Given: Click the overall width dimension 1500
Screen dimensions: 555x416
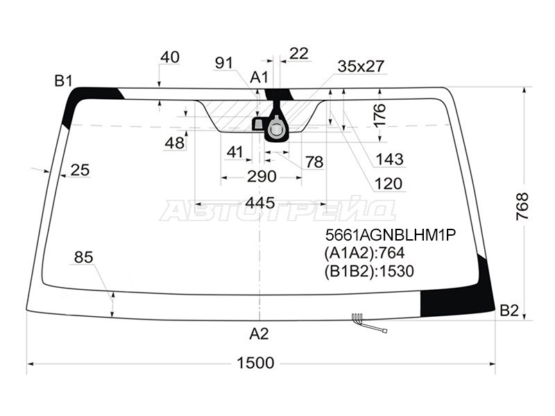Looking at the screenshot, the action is tap(255, 363).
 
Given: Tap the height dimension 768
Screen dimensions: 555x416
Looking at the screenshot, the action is tap(522, 207).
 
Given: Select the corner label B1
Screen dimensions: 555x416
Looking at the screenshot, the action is tap(63, 81).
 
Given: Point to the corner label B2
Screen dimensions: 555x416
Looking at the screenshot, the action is tap(509, 311).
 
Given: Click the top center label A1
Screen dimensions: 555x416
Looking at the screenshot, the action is tap(259, 77).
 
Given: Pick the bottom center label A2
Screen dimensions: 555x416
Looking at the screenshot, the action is tap(259, 333).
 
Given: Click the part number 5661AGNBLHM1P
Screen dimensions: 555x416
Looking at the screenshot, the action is tap(391, 234).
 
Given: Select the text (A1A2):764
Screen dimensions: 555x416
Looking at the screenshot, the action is tap(365, 253).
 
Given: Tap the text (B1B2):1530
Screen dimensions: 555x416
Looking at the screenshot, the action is tap(369, 271).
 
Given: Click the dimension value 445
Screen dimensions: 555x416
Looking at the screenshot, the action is tap(260, 203).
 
